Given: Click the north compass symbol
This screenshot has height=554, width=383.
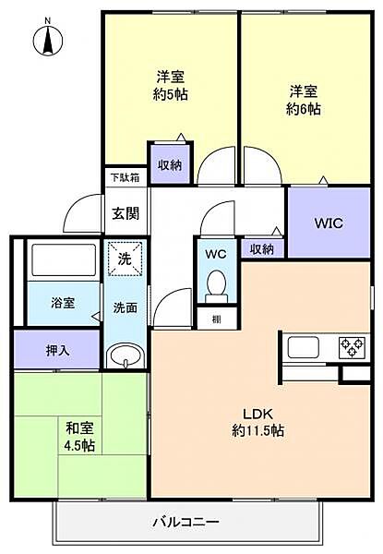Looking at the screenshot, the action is (x=47, y=39).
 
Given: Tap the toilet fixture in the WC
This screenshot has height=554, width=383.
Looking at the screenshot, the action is (x=216, y=286).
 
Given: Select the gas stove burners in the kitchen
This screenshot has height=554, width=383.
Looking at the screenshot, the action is (x=352, y=347).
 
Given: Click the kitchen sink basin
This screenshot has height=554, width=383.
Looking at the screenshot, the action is (x=304, y=347).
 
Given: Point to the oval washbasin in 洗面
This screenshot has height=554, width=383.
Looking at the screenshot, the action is (x=126, y=356).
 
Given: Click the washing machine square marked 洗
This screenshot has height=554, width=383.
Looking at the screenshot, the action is (x=125, y=259).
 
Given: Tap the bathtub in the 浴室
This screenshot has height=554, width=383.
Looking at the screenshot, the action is (x=64, y=259).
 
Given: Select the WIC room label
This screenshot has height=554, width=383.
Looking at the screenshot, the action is (x=329, y=223).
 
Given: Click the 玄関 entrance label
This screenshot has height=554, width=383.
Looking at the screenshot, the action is (x=126, y=213).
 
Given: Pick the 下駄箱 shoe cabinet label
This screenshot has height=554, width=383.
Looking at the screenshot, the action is (x=125, y=177).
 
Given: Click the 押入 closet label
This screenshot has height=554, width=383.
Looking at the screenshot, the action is (x=57, y=350).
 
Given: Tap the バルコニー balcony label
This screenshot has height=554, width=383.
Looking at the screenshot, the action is (x=186, y=522).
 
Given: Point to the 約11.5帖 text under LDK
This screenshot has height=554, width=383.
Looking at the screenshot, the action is (x=258, y=430).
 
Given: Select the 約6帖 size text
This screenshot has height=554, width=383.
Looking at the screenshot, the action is (x=304, y=110).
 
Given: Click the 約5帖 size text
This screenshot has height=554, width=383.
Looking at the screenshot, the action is (x=170, y=94).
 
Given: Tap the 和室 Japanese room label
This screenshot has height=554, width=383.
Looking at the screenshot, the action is (x=79, y=428).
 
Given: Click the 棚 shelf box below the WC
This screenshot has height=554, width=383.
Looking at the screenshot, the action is (x=216, y=319).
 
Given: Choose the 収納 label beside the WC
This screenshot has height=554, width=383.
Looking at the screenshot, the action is (x=262, y=249).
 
